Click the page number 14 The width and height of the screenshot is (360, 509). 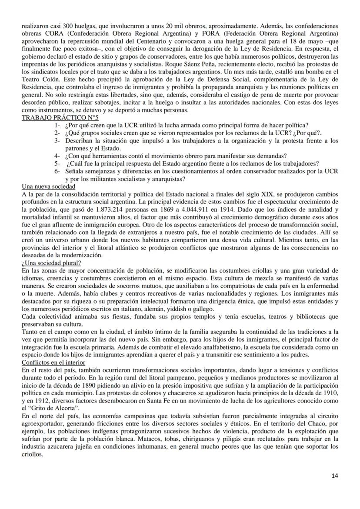click(334, 475)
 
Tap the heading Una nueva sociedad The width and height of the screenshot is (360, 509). click(48, 186)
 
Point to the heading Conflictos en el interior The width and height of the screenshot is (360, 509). click(53, 362)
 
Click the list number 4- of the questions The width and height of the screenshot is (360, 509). click(57, 156)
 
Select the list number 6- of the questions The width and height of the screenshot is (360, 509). click(57, 171)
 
